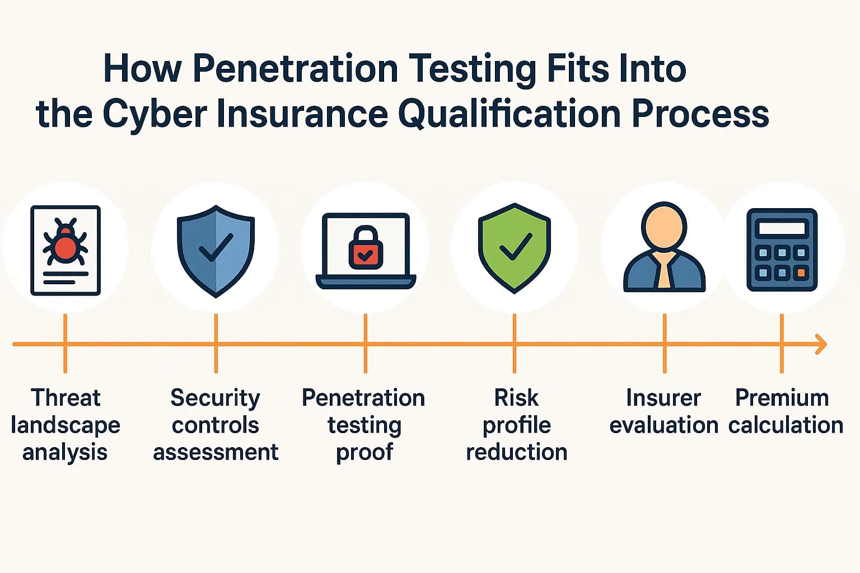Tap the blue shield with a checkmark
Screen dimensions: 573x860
click(x=216, y=250)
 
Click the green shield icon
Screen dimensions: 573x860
click(x=515, y=247)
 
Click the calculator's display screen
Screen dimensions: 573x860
click(x=782, y=228)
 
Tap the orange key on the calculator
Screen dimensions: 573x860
click(x=801, y=273)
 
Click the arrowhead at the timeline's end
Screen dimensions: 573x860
click(x=822, y=344)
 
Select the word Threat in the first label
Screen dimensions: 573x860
click(x=66, y=398)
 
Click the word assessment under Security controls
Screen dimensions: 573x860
click(x=216, y=452)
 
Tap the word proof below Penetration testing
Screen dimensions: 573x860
click(x=364, y=452)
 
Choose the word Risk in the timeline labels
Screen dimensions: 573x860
click(x=516, y=398)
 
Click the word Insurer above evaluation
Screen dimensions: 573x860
click(x=663, y=398)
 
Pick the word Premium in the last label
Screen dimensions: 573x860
click(x=782, y=398)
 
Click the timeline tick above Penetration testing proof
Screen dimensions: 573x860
click(x=365, y=344)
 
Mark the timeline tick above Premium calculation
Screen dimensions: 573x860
click(x=782, y=344)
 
